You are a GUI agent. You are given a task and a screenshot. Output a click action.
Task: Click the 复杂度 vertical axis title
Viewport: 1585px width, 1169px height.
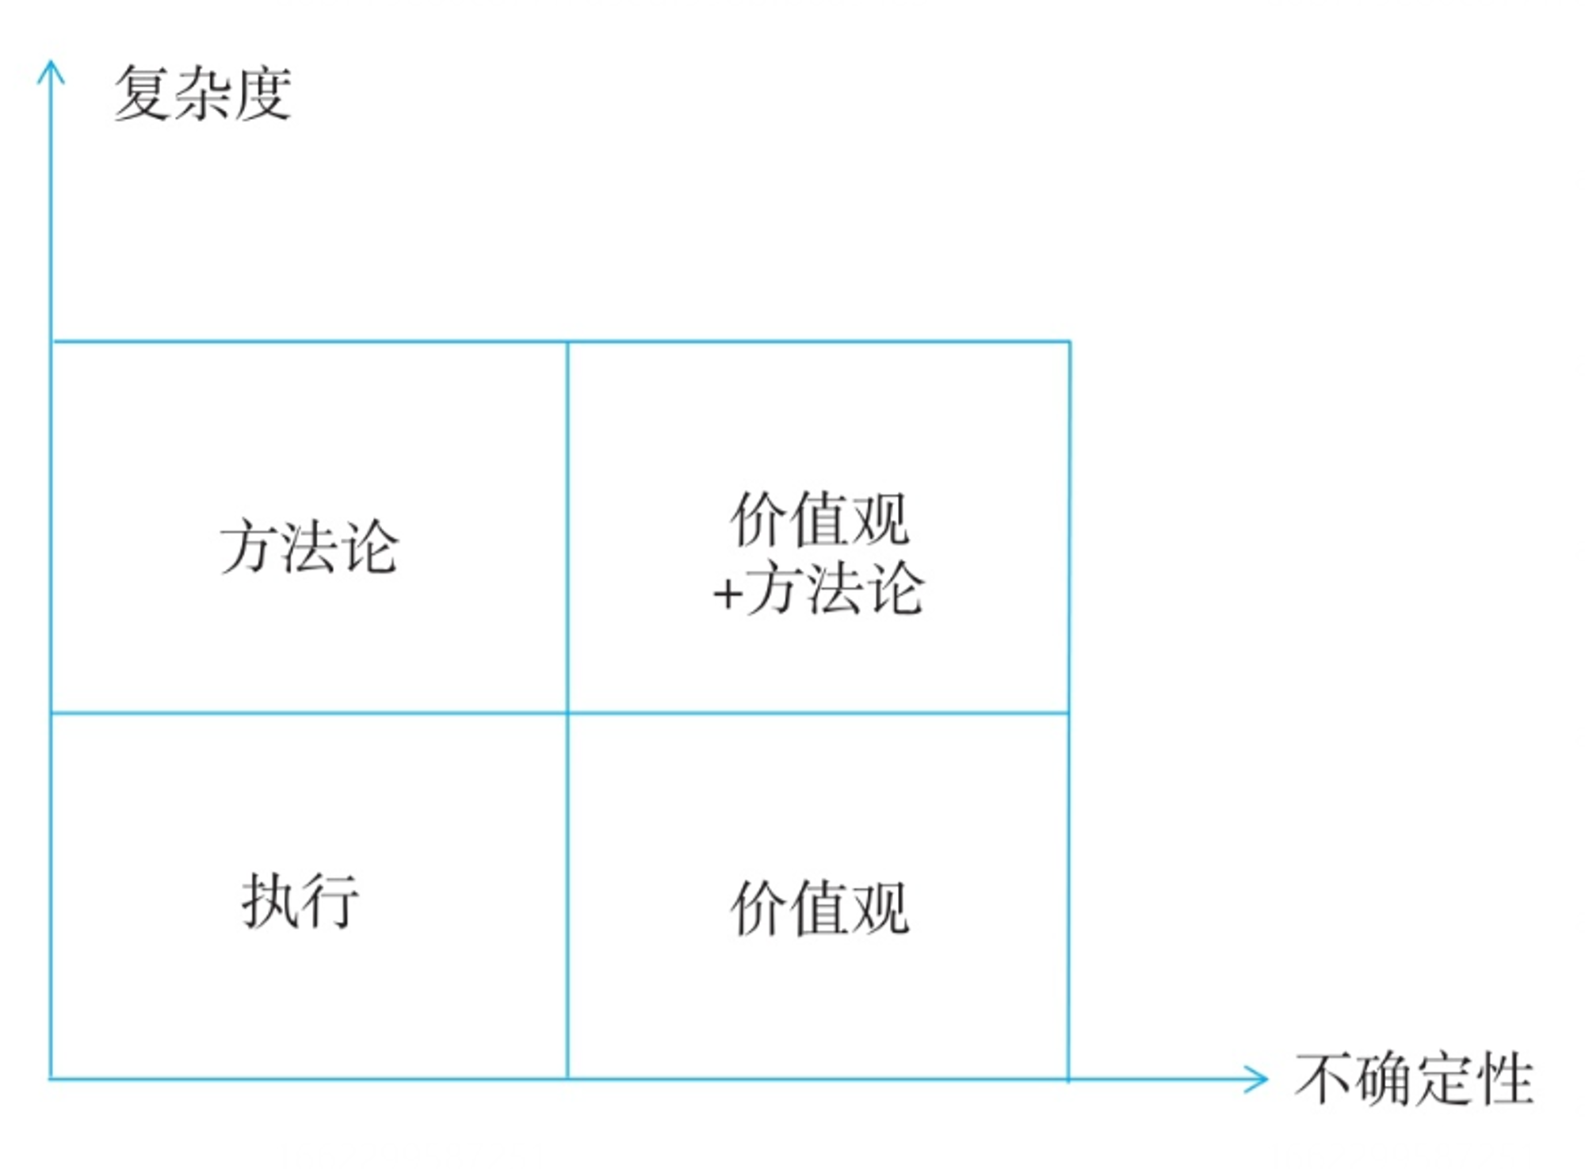(203, 94)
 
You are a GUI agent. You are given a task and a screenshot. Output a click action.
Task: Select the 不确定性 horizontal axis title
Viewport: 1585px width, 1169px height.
(1414, 1079)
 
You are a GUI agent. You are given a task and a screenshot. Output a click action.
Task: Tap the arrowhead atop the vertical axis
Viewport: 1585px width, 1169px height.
(51, 71)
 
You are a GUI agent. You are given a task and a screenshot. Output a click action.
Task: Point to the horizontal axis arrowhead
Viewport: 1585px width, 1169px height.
(1255, 1079)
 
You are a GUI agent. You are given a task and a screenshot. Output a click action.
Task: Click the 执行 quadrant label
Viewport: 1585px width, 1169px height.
(300, 900)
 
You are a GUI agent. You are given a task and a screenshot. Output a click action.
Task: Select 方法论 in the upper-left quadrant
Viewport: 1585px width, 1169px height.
(309, 546)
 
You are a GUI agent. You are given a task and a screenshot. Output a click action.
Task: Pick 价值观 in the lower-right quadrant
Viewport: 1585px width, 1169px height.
(819, 908)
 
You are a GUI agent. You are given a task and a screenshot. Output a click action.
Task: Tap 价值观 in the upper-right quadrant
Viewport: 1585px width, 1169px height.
(819, 519)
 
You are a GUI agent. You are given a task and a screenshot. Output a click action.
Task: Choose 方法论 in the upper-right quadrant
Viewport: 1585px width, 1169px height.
(835, 588)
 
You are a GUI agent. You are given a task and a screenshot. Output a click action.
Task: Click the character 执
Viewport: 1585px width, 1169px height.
(269, 900)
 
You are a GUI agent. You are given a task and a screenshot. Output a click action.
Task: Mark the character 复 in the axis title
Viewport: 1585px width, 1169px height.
(143, 94)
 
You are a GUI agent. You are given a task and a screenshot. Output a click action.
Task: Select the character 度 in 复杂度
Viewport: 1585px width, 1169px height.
(263, 94)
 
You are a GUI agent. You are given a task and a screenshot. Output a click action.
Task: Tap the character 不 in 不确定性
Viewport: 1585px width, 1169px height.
(1324, 1079)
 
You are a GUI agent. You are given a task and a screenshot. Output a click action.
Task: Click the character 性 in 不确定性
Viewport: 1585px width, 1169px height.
(1505, 1079)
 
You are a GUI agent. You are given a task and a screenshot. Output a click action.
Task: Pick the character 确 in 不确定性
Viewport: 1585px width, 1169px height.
(1384, 1079)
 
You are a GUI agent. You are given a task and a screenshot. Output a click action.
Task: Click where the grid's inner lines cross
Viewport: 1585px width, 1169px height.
(567, 713)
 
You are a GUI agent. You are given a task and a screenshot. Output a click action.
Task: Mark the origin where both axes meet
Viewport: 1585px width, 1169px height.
(51, 1079)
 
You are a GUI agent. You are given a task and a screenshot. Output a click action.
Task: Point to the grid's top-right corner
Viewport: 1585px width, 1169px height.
(1069, 342)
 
